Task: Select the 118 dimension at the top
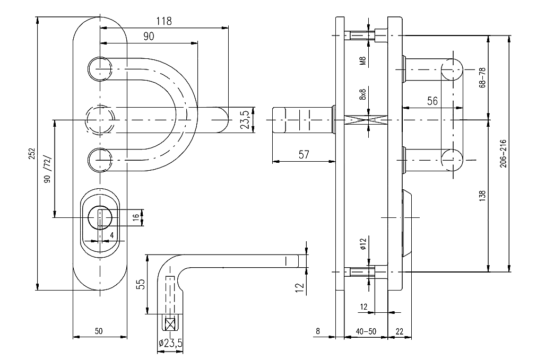[x=163, y=21]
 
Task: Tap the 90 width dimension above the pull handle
[x=149, y=36]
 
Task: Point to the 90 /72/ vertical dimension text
[x=47, y=170]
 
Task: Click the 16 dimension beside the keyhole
[x=136, y=216]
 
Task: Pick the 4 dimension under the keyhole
[x=112, y=234]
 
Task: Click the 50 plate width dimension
[x=99, y=331]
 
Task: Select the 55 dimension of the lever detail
[x=141, y=285]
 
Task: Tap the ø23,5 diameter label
[x=170, y=344]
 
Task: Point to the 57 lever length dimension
[x=304, y=154]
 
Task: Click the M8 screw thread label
[x=363, y=60]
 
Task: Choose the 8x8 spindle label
[x=363, y=95]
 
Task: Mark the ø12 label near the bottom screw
[x=363, y=243]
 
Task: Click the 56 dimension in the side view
[x=432, y=101]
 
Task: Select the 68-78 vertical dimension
[x=482, y=77]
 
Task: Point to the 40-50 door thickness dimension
[x=366, y=331]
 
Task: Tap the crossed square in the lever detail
[x=171, y=323]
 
